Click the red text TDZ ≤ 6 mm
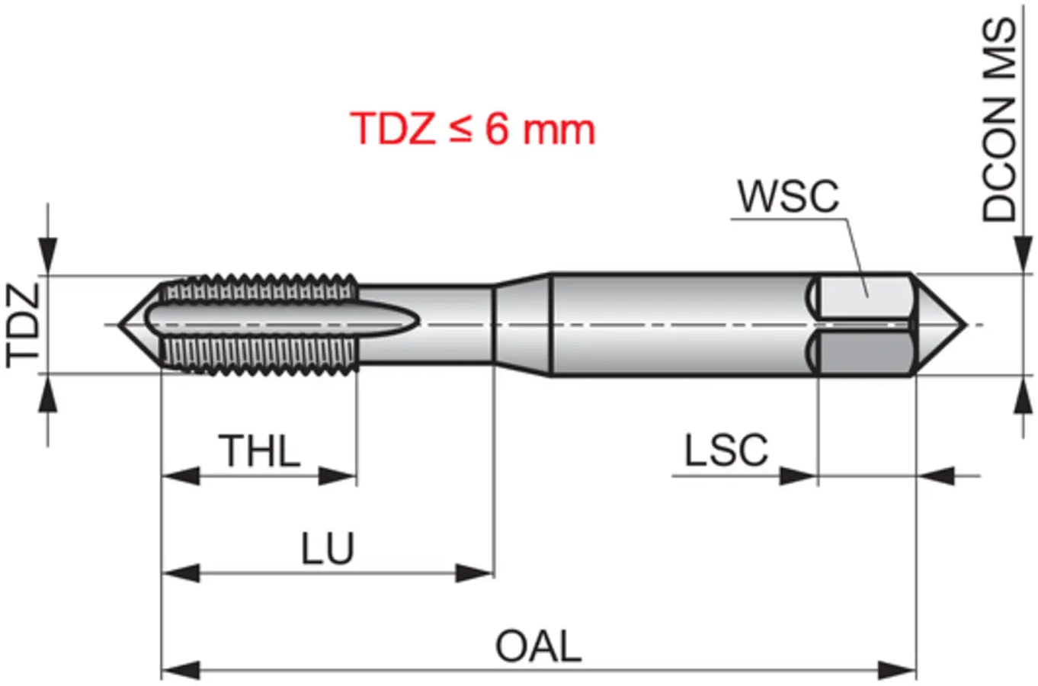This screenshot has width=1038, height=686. point(473,128)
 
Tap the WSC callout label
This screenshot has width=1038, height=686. point(788,196)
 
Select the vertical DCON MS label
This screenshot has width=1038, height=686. point(999,120)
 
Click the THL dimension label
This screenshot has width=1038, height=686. point(259,450)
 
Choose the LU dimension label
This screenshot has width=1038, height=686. point(328,548)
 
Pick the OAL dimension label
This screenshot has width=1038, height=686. point(539,646)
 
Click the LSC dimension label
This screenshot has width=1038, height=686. point(726,450)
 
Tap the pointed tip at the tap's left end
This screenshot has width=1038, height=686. point(120,325)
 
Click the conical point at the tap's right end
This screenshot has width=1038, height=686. point(966,325)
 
